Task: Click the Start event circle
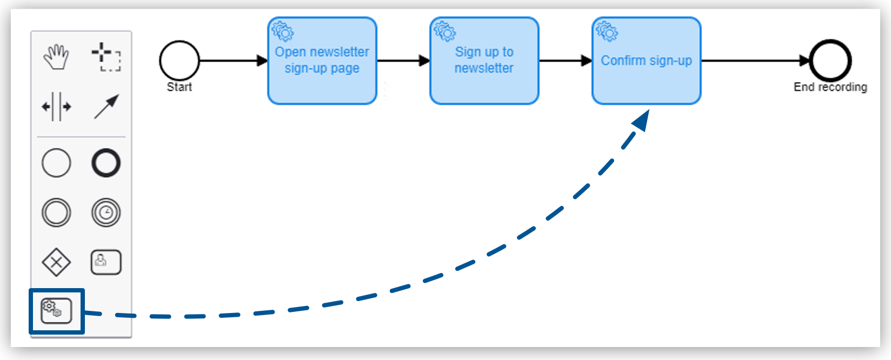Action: pos(179,61)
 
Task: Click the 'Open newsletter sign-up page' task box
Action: pos(322,61)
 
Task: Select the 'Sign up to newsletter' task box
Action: pos(484,61)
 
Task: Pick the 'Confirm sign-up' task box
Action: pos(646,61)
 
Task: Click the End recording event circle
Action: pos(830,61)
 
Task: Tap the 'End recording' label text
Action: pos(830,87)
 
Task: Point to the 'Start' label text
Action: pos(179,87)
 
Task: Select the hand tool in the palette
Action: pos(56,57)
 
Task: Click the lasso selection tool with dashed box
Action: pos(106,57)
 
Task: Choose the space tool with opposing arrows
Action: pos(56,106)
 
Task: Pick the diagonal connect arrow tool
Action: pos(106,106)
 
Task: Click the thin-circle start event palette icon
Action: pos(56,163)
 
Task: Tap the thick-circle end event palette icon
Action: pos(106,163)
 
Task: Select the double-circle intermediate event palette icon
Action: pos(56,212)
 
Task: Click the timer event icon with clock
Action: pos(106,212)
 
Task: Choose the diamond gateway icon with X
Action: pos(56,263)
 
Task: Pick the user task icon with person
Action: pos(106,262)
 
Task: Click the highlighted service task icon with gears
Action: pos(56,311)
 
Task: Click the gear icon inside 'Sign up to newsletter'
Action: pos(445,32)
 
